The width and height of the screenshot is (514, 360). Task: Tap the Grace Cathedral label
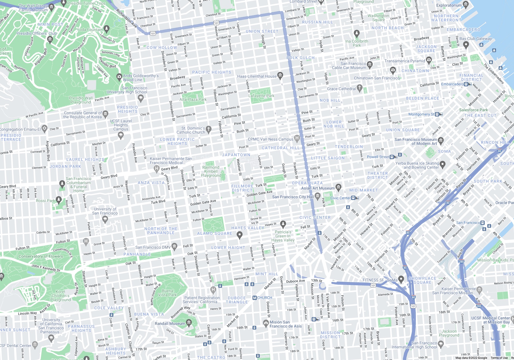tap(341, 89)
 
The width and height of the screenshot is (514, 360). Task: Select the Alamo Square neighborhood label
tap(215, 233)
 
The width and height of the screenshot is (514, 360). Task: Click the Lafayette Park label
tap(261, 96)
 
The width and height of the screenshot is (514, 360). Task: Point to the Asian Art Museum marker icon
tap(338, 187)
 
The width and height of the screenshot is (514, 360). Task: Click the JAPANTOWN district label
tap(236, 155)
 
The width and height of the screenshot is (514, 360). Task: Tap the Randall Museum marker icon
tap(189, 322)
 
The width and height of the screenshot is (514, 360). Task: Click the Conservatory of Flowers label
tap(41, 256)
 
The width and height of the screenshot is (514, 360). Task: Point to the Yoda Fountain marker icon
tap(106, 29)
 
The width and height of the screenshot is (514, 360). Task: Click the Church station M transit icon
tap(255, 298)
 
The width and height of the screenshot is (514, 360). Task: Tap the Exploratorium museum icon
tap(466, 4)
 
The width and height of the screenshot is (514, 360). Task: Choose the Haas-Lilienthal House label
tap(257, 76)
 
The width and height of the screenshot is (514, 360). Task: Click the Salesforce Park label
tap(473, 110)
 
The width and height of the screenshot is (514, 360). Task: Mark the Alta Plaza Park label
tap(193, 99)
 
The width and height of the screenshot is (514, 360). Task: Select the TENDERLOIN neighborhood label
tap(349, 147)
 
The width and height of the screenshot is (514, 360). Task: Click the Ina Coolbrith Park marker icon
tap(357, 33)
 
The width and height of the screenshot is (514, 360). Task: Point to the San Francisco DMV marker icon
tap(175, 246)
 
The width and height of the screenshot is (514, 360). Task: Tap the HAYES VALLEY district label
tap(248, 228)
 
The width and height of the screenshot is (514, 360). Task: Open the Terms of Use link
tap(499, 358)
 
